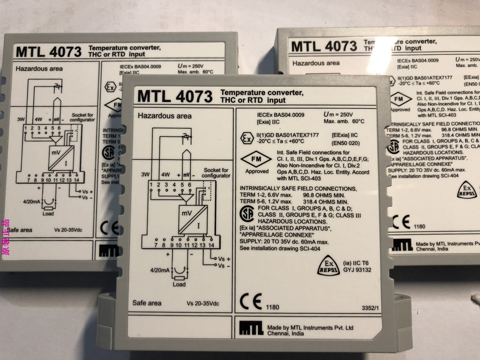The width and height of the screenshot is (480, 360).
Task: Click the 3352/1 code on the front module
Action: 370,308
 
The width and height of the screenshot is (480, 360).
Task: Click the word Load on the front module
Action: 179,284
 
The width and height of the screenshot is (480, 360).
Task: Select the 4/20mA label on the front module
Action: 159,270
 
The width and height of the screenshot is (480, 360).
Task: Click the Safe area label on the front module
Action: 147,303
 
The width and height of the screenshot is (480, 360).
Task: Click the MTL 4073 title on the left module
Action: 48,51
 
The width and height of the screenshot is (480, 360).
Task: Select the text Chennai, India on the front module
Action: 285,333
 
